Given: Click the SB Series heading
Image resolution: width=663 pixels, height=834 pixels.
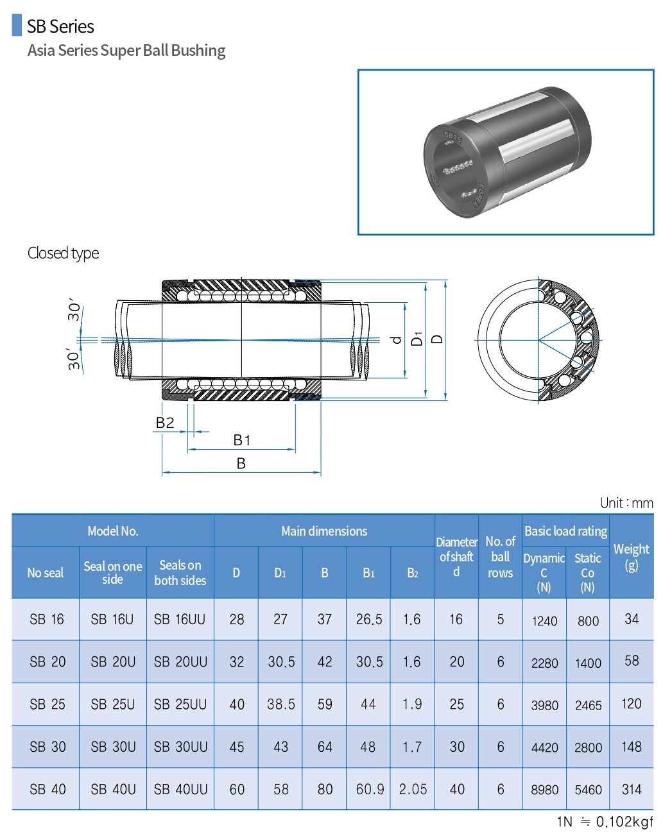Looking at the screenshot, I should [x=60, y=26].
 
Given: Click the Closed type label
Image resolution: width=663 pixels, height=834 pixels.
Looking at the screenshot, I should [x=63, y=253].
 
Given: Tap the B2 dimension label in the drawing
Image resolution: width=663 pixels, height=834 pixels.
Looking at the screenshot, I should [x=165, y=422].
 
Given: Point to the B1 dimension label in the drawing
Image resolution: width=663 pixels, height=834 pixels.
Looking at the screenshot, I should [x=241, y=440].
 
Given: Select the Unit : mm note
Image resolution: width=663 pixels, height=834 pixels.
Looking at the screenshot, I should [x=626, y=503].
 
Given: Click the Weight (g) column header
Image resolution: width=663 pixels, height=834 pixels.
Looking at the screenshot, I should [x=631, y=557].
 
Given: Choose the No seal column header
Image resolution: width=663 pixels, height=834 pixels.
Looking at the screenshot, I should [x=46, y=573].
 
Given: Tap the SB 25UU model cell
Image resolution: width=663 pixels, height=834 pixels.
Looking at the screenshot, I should [x=180, y=704].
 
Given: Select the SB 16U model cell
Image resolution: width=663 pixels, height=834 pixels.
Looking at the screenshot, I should [x=112, y=619].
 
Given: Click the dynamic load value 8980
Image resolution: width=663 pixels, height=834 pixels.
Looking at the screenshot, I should [x=544, y=790].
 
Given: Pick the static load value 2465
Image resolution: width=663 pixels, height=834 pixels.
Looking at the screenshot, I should [x=588, y=706].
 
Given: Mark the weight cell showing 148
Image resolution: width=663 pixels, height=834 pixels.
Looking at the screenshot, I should [x=631, y=747].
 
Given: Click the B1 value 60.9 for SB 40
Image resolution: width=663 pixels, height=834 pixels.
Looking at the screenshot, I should [x=369, y=790].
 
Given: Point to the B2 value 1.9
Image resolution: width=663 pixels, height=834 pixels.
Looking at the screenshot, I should [x=412, y=704].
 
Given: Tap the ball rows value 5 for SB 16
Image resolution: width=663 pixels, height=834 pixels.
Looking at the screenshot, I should [x=501, y=619].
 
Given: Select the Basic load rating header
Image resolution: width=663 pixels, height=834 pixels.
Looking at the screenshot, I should [x=565, y=531].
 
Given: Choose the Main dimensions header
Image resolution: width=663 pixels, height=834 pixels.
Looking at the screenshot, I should [x=324, y=531].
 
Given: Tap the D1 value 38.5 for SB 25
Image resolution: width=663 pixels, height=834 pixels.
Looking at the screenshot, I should [x=281, y=704].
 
